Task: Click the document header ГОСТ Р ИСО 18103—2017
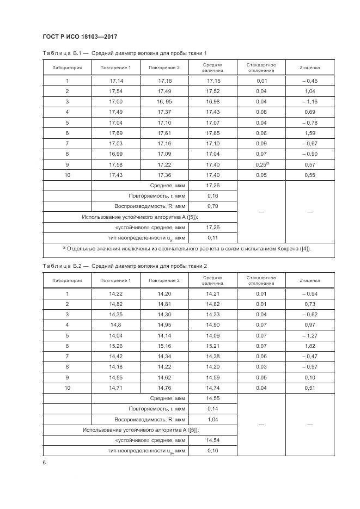click(80, 37)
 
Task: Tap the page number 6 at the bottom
click(44, 462)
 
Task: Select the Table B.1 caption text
click(125, 53)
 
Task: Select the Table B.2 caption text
click(125, 266)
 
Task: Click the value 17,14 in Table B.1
click(116, 81)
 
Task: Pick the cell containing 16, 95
click(164, 102)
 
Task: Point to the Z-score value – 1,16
click(309, 102)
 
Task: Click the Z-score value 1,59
click(309, 133)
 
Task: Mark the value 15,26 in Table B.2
click(116, 346)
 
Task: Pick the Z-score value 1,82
click(309, 346)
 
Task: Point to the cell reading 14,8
click(116, 325)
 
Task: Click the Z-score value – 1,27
click(309, 335)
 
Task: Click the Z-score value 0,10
click(309, 377)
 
